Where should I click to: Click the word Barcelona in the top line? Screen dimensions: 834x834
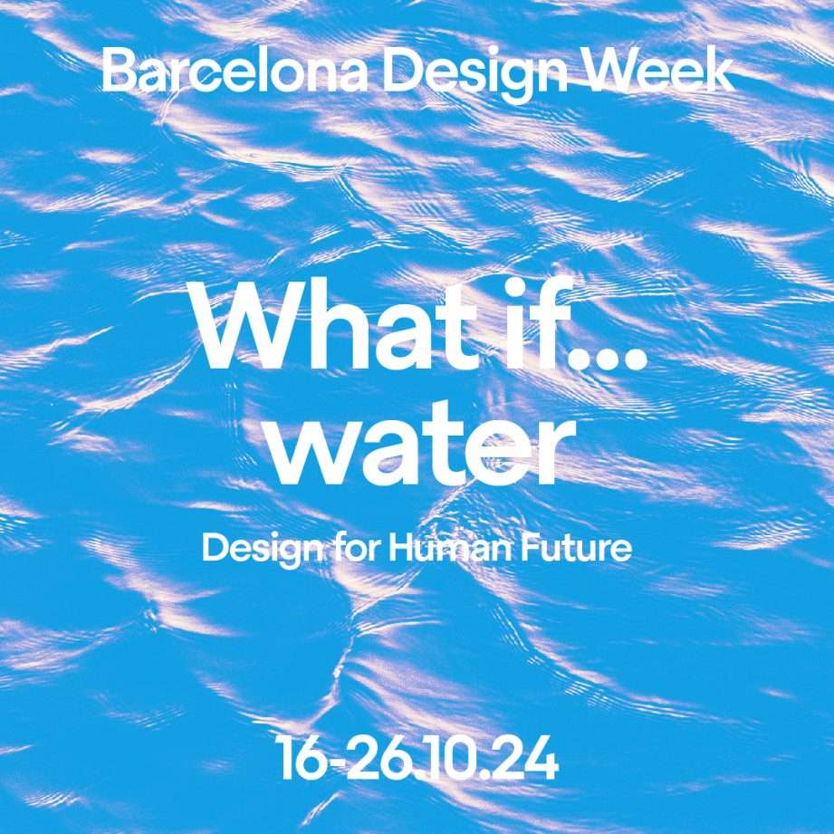(x=235, y=72)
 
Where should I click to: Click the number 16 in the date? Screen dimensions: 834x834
(x=302, y=759)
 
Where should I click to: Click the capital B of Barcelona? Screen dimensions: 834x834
(x=117, y=72)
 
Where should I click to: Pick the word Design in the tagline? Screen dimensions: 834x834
(x=264, y=550)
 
